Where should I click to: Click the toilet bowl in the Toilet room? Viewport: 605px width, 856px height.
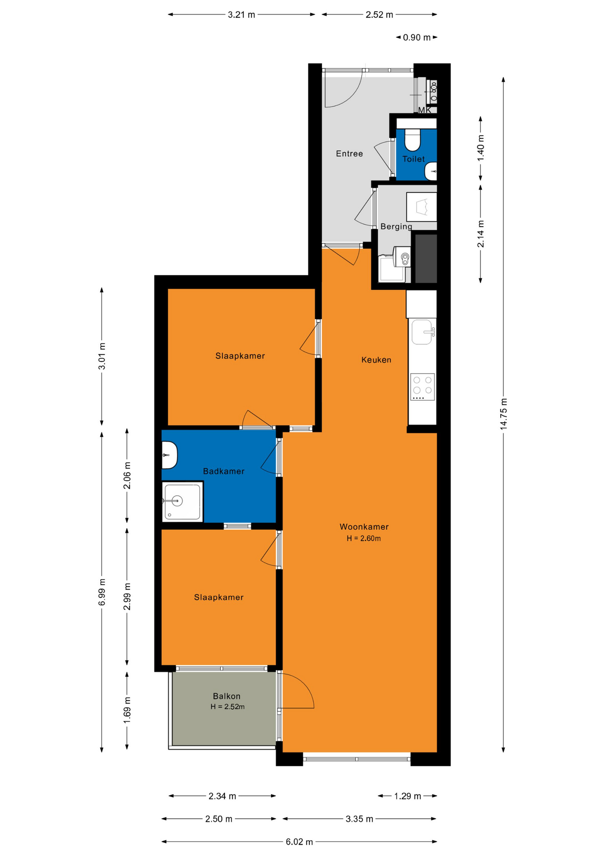tap(413, 140)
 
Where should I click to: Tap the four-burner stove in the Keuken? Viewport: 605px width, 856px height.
tap(422, 387)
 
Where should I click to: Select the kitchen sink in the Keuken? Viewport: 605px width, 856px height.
tap(422, 332)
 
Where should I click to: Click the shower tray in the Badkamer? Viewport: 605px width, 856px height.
tap(183, 502)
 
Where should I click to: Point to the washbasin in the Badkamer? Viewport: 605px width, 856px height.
tap(169, 455)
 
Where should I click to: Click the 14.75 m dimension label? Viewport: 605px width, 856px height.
tap(503, 414)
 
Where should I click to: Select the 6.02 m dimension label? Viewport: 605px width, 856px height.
tap(299, 842)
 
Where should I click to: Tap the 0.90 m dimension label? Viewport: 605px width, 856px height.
tap(417, 37)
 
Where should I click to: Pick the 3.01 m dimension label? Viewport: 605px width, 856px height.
tap(102, 356)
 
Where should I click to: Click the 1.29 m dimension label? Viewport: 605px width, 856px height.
tap(407, 796)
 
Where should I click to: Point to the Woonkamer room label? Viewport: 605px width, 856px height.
tap(364, 527)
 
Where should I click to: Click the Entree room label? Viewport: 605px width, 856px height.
tap(349, 154)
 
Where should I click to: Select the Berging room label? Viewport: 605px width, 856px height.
tap(396, 226)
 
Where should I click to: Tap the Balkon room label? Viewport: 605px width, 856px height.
tap(227, 696)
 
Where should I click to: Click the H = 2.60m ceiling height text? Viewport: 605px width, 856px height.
tap(364, 539)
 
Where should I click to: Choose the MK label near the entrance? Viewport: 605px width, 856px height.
tap(424, 110)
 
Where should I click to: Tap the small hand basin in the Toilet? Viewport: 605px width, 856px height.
tap(431, 171)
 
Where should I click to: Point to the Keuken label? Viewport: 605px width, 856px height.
tap(376, 360)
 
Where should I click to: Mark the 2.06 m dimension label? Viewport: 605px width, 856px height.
tap(127, 475)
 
